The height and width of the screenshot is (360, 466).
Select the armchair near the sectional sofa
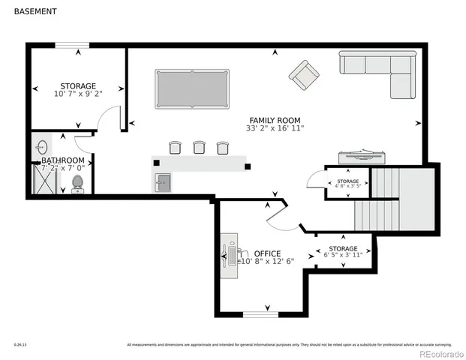303,74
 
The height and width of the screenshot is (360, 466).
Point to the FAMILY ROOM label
275,120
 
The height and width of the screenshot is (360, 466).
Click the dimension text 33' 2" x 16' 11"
275,128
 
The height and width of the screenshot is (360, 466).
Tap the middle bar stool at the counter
199,148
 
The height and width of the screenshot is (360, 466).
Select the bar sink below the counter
163,181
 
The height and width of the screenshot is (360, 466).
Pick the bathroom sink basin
43,147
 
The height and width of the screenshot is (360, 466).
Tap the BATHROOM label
62,160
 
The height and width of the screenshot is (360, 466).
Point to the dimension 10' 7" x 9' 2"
79,94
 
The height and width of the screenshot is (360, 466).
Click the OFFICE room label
268,253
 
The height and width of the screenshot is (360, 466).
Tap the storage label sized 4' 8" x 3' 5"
347,184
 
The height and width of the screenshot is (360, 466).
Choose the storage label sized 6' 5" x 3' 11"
343,251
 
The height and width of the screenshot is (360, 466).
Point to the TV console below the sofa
362,157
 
